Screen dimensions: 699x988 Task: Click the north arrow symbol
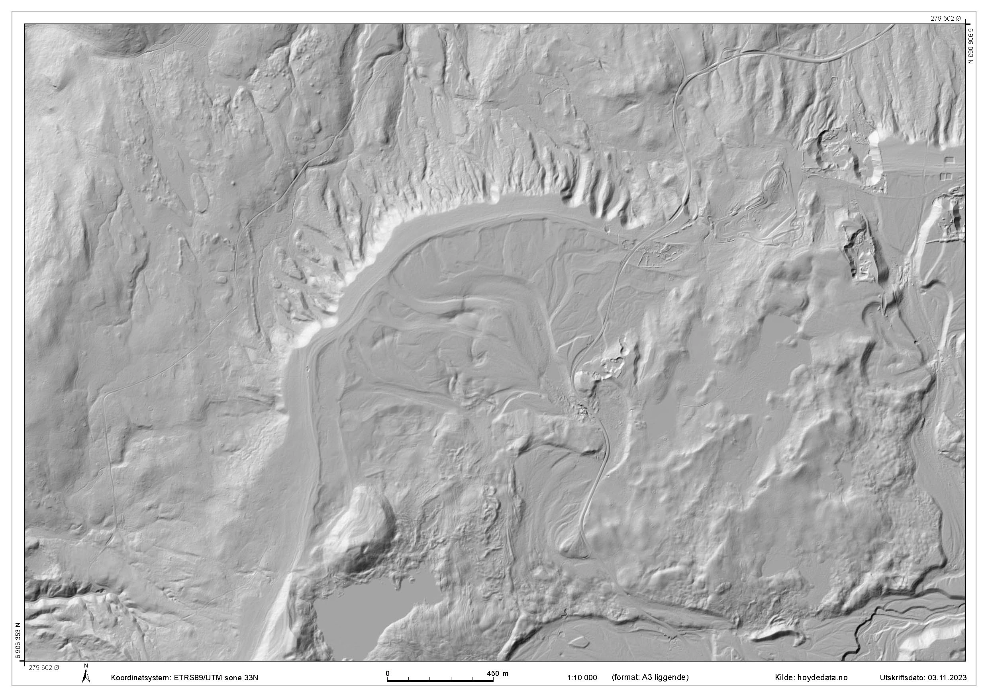(86, 677)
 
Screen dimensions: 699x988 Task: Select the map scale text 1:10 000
(582, 677)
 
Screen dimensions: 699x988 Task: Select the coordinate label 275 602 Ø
(44, 668)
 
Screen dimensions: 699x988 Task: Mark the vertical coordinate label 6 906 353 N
(18, 640)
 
